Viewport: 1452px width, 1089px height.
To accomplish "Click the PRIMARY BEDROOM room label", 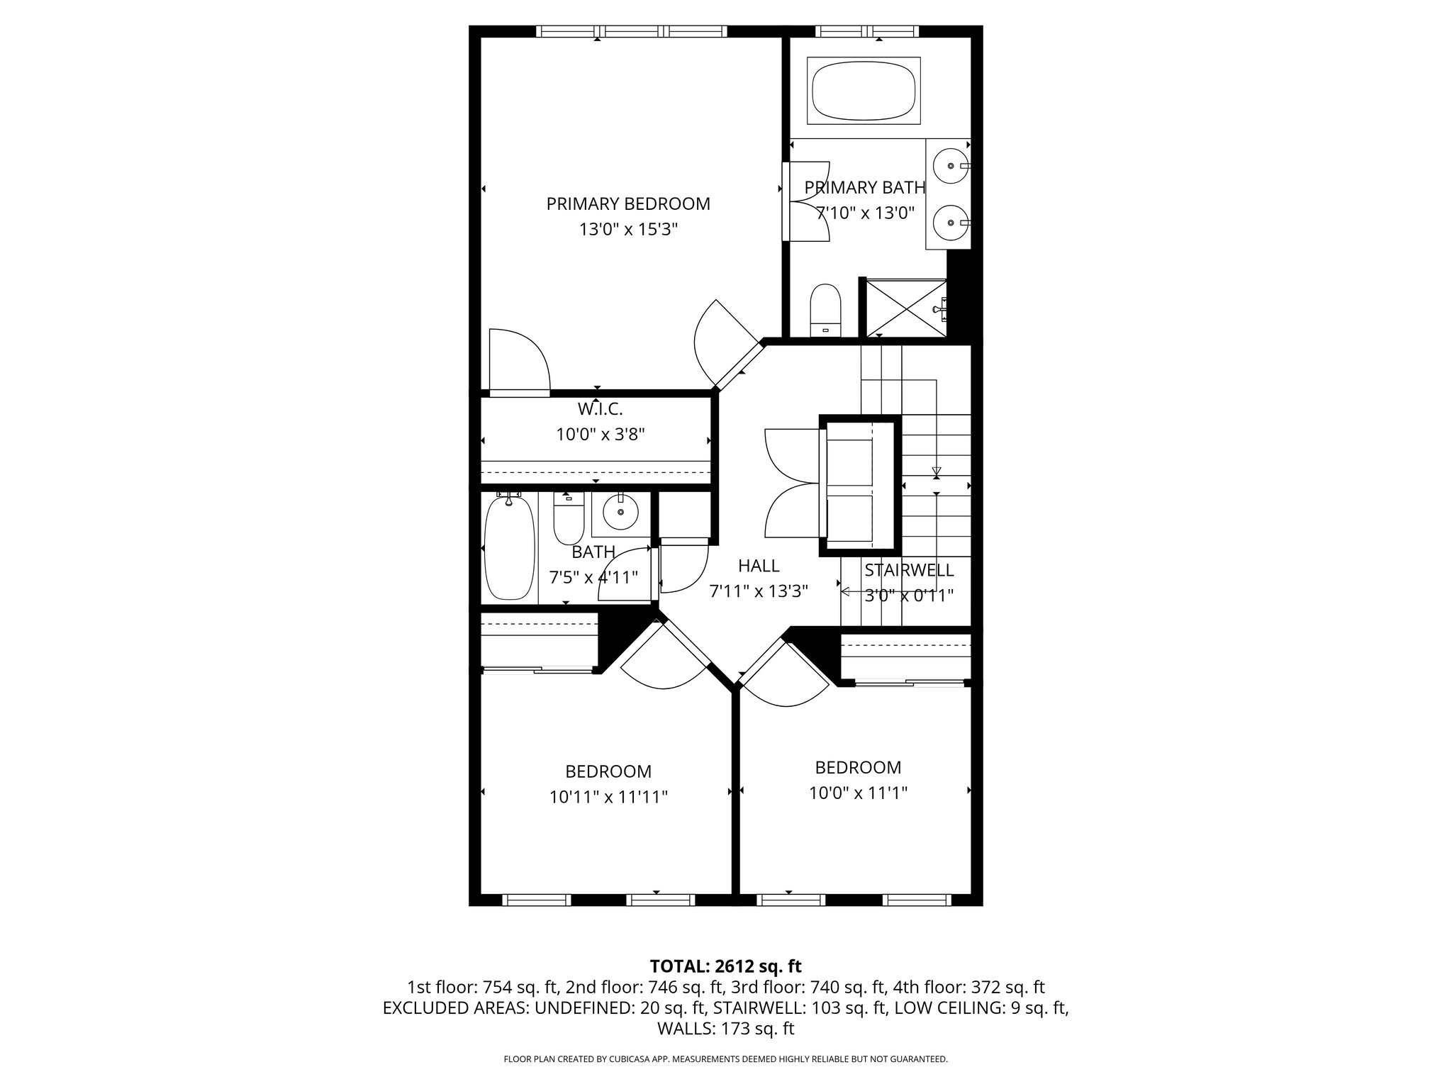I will pos(628,204).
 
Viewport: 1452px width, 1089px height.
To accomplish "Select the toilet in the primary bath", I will pos(825,310).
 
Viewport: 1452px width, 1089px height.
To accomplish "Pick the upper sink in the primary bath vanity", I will pos(948,167).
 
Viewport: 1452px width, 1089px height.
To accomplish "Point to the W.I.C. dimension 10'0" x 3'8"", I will pos(600,435).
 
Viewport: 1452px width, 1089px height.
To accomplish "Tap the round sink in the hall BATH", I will pos(621,512).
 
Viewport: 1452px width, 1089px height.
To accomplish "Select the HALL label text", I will pos(759,566).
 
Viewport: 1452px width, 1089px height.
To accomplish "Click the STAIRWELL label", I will pos(909,570).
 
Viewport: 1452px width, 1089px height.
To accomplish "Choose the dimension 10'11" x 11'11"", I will pos(608,798).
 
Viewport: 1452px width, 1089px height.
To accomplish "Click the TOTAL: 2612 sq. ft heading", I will pos(725,966).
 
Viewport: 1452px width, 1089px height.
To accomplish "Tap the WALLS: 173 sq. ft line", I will pos(725,1029).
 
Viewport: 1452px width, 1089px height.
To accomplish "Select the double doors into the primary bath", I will pos(807,202).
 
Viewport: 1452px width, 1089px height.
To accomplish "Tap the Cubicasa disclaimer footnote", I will pos(725,1059).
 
